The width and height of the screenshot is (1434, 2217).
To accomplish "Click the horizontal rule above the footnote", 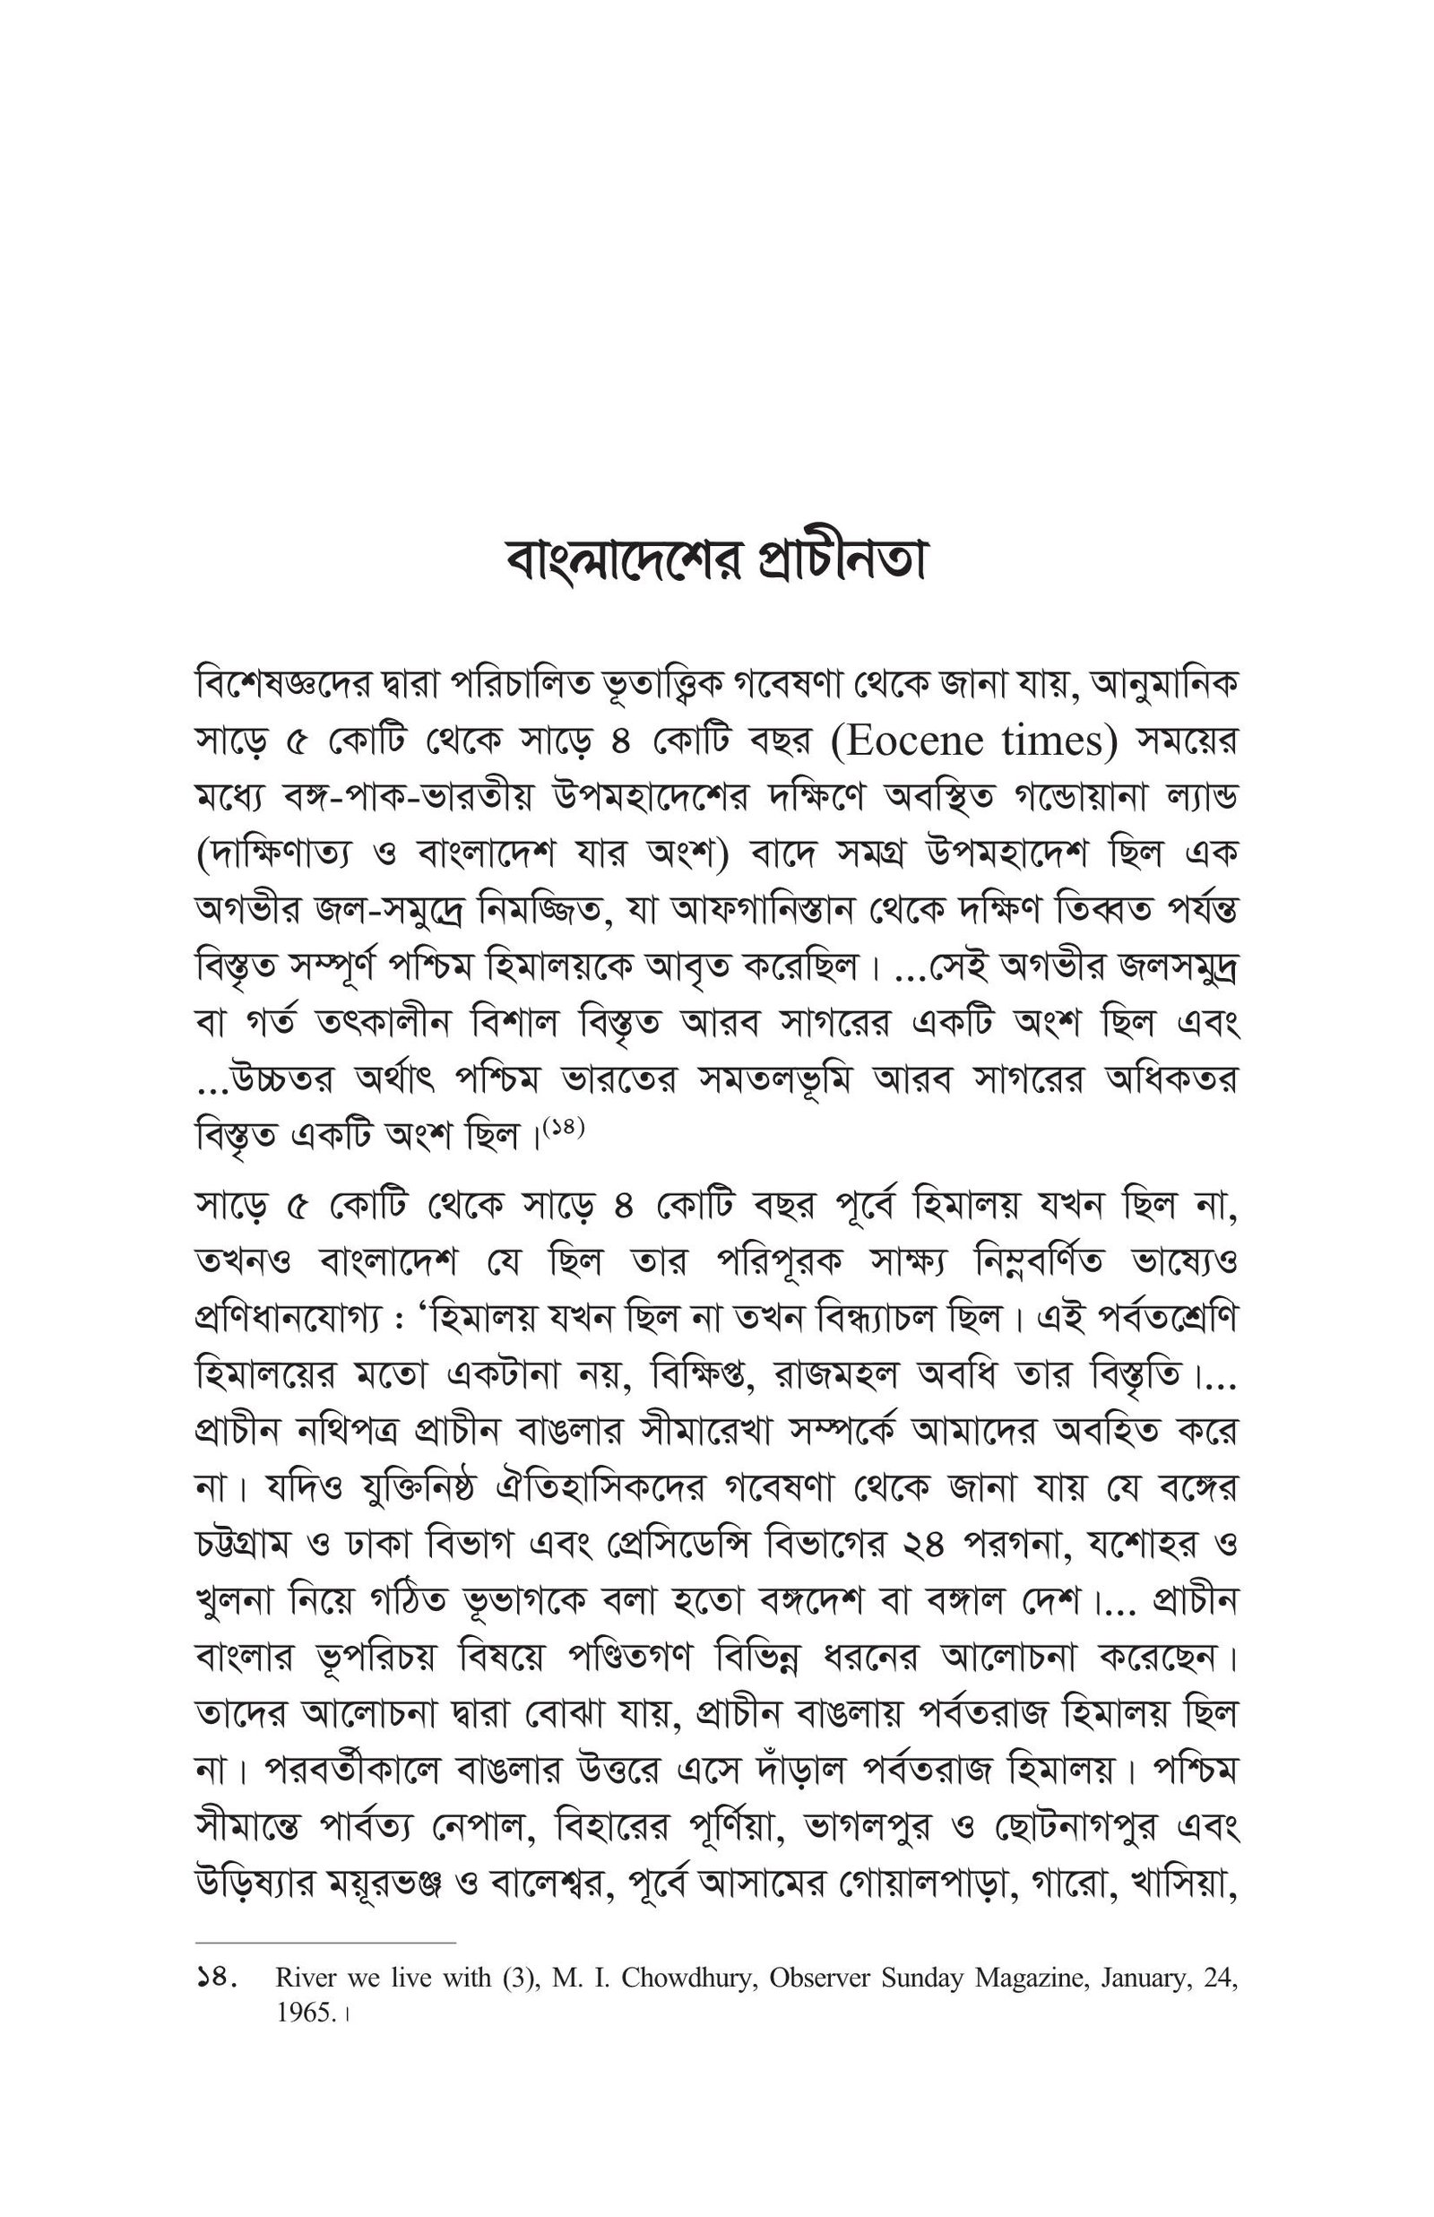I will (x=326, y=1944).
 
